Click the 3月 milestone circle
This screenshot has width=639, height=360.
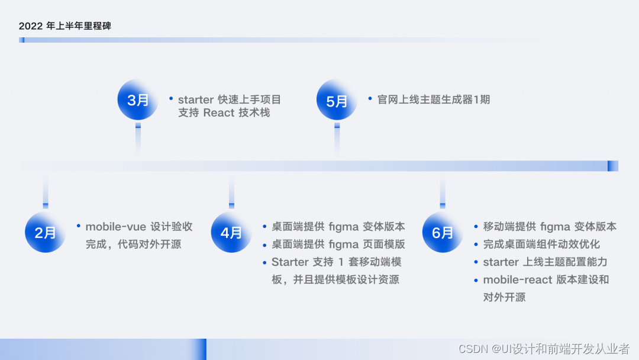[x=138, y=100]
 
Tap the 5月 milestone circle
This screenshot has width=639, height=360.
[x=337, y=101]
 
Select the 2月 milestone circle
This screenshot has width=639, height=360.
[x=45, y=233]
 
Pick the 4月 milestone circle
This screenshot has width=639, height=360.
[x=231, y=233]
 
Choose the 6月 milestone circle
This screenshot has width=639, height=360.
[x=442, y=233]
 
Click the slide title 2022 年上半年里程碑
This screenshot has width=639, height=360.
[x=64, y=26]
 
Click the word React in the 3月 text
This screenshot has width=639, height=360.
[x=219, y=112]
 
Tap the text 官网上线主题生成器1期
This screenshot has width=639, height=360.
[x=434, y=99]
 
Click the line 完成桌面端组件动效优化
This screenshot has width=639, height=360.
[x=541, y=244]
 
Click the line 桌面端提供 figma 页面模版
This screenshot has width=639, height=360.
[x=338, y=244]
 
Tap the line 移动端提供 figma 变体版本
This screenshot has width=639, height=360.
[x=550, y=226]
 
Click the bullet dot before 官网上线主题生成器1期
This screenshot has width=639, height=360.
[x=370, y=98]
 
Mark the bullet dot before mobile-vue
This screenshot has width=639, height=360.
[x=78, y=226]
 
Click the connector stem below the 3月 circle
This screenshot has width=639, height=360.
[x=138, y=140]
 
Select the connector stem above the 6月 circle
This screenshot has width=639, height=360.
[x=442, y=192]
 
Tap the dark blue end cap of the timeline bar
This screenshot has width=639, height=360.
[x=612, y=166]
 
